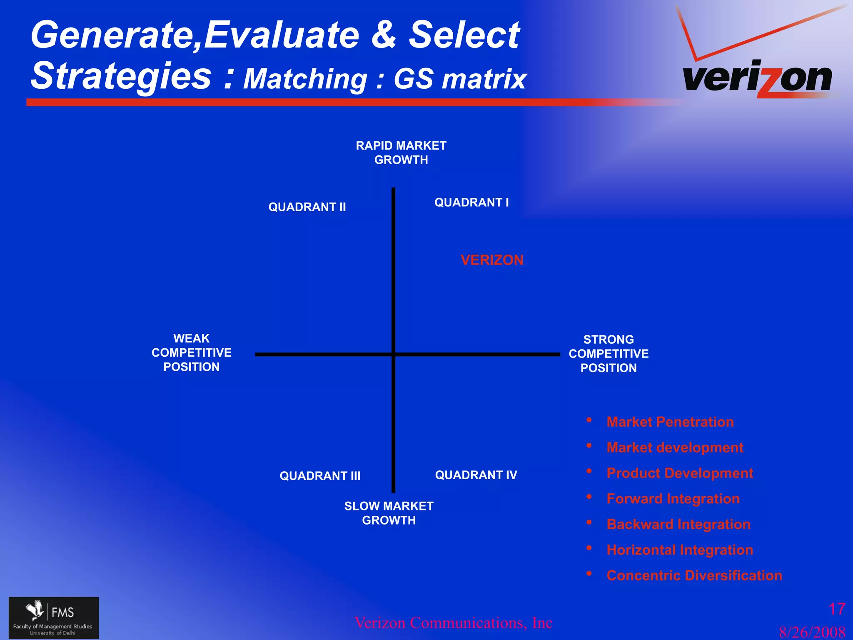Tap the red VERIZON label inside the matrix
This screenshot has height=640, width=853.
click(492, 260)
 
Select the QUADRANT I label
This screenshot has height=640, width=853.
click(471, 202)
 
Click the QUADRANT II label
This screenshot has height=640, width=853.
click(307, 207)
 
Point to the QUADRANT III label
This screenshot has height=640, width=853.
click(320, 476)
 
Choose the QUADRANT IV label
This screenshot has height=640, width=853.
click(476, 475)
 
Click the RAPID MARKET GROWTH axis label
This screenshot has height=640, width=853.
click(401, 152)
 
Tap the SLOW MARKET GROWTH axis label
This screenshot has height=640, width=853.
click(389, 513)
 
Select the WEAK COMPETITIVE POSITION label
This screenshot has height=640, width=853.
click(191, 352)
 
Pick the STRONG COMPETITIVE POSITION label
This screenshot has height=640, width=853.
click(609, 353)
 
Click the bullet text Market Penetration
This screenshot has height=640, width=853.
click(670, 422)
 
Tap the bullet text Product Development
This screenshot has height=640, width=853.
click(679, 473)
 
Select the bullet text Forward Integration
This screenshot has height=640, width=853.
click(673, 499)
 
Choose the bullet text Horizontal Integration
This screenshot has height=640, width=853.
click(679, 550)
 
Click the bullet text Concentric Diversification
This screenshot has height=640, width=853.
click(694, 575)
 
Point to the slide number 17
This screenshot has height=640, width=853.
click(836, 609)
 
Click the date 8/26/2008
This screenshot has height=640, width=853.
click(812, 632)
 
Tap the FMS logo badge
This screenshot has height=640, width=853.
click(54, 617)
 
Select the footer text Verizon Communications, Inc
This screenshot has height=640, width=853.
click(453, 623)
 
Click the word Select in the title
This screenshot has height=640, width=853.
click(464, 35)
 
